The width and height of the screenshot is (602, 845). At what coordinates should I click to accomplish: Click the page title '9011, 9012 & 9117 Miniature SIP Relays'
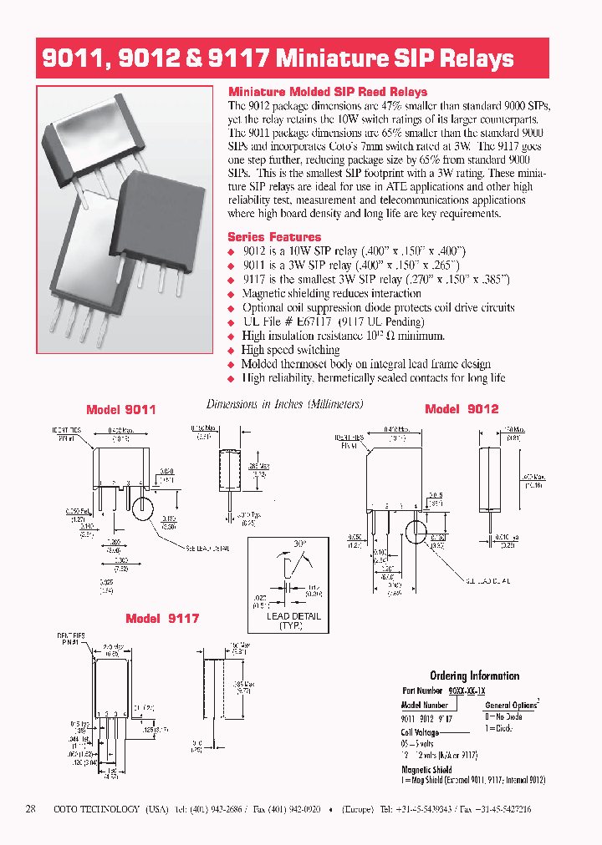point(278,59)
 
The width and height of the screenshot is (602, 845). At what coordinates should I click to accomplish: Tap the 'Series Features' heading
point(274,237)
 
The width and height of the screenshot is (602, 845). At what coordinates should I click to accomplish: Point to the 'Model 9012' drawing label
point(462,409)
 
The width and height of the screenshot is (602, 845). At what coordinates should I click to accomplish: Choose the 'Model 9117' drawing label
point(162,619)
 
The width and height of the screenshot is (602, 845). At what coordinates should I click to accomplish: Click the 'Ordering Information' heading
point(474,675)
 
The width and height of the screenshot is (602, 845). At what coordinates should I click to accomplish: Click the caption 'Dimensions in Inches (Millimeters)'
point(284,404)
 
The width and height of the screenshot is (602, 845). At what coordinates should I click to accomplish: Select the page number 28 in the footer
point(31,809)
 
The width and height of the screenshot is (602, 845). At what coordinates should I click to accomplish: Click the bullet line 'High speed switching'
point(289,350)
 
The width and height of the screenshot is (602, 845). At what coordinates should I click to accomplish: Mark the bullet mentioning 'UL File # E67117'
point(333,321)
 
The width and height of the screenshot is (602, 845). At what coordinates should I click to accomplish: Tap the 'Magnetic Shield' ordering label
point(426,770)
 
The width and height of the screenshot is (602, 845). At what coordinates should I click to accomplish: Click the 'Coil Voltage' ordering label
point(420,732)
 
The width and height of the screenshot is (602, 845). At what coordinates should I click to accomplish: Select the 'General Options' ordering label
point(511,705)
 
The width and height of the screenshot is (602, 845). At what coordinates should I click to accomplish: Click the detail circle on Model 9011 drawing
point(142,509)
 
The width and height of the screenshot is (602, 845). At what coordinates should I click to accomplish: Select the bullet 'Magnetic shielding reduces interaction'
point(331,293)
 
